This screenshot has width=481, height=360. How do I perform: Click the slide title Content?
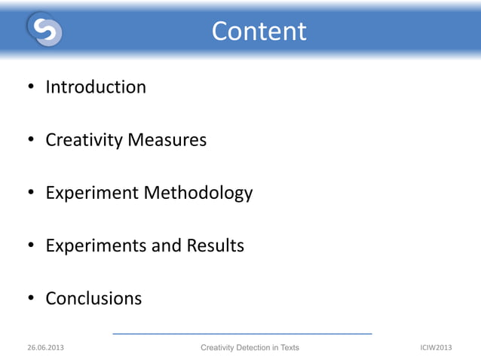259,31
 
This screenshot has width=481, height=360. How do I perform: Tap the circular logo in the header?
44,29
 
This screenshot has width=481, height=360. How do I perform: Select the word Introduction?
96,87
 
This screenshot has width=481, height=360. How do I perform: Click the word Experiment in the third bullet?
92,193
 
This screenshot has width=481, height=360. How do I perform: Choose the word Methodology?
198,194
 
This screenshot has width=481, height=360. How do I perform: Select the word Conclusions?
93,298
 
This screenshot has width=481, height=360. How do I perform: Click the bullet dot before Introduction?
32,88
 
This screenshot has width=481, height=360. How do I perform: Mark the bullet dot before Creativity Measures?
32,141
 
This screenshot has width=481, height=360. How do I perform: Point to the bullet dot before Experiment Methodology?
32,194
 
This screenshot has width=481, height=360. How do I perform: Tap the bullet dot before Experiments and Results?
32,246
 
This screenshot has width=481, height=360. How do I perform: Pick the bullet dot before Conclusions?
32,299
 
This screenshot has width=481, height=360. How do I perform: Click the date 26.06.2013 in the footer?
45,347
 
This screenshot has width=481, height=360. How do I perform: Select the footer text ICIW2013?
436,347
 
